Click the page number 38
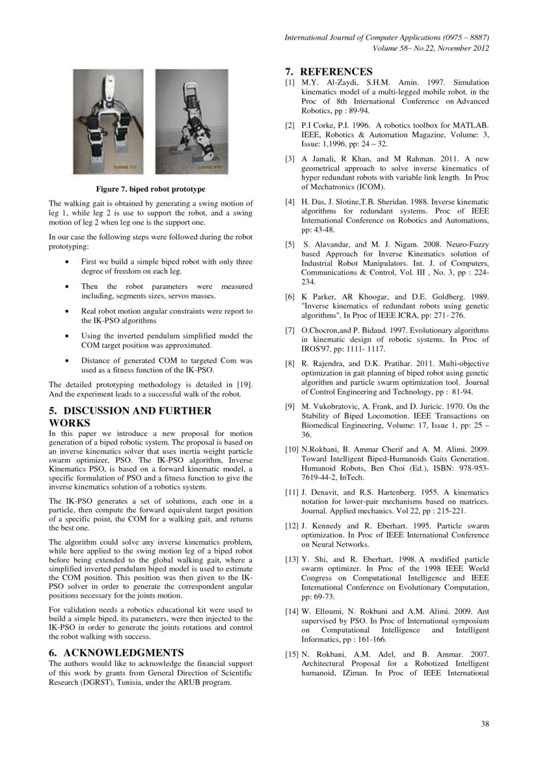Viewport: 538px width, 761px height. [x=485, y=724]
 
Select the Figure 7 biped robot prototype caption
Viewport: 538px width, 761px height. [x=151, y=189]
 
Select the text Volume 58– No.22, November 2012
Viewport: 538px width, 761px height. [x=431, y=49]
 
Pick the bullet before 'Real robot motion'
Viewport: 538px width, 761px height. [x=68, y=312]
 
